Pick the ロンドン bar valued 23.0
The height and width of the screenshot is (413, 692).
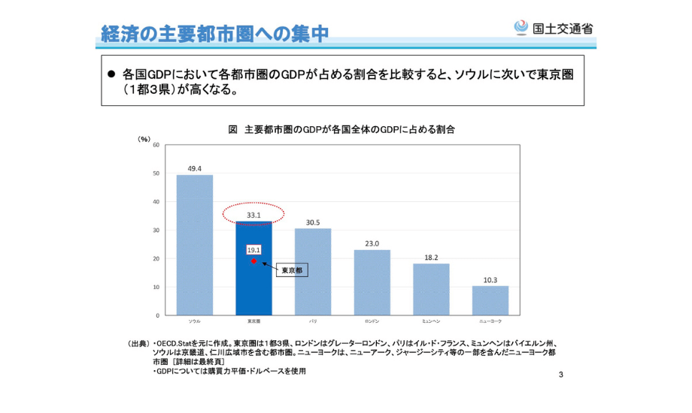tap(372, 282)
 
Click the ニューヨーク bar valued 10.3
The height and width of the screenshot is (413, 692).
tap(490, 300)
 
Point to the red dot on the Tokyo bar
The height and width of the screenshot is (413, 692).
tap(254, 261)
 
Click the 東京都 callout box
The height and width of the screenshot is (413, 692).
tap(291, 270)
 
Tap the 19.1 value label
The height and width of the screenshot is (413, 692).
tap(254, 249)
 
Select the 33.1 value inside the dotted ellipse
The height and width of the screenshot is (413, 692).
tap(253, 215)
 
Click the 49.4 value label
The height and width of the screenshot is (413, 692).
tap(194, 168)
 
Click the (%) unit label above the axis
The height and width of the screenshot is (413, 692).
tap(144, 139)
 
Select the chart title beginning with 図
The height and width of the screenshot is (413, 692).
tap(342, 129)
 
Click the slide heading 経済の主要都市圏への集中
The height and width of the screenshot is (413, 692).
tap(215, 33)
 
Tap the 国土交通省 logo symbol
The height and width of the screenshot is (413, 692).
tap(520, 27)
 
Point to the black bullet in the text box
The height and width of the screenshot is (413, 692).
tap(111, 75)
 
